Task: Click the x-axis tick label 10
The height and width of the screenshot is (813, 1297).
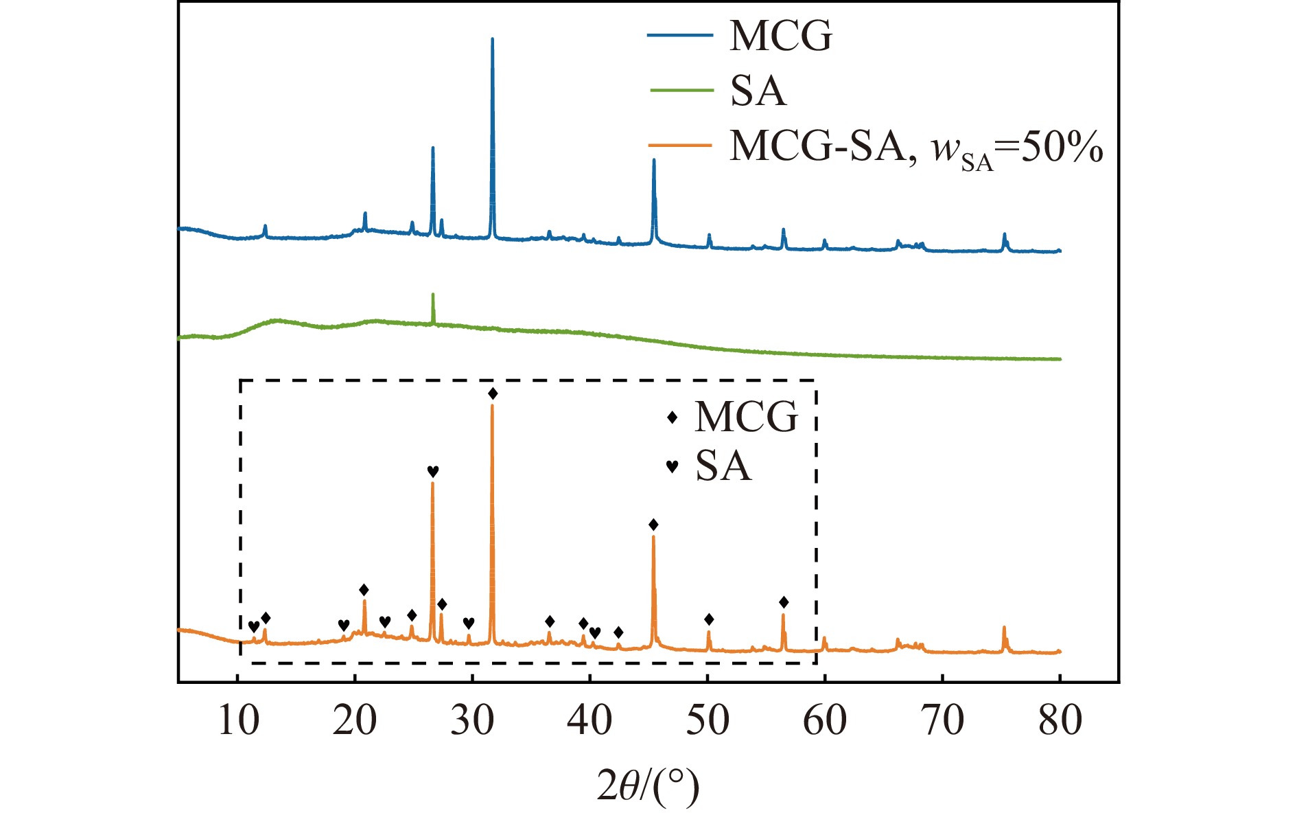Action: [x=238, y=721]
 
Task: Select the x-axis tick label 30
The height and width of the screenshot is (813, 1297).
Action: [x=473, y=721]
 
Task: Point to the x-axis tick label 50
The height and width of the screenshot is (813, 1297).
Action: [x=708, y=721]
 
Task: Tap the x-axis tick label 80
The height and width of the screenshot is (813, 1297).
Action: [x=1060, y=721]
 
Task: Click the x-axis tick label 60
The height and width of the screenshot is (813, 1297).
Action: [x=825, y=721]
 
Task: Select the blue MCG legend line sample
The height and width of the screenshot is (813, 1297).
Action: [x=680, y=34]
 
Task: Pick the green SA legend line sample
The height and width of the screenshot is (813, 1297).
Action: [x=680, y=90]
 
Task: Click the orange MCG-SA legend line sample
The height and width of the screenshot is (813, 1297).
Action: [x=680, y=146]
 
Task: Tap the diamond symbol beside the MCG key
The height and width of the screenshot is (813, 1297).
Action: [x=673, y=417]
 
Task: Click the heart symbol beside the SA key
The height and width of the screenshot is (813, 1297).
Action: [x=673, y=466]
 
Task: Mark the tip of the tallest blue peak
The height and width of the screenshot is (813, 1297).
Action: [x=493, y=39]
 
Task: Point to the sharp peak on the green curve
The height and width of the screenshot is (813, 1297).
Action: [x=432, y=295]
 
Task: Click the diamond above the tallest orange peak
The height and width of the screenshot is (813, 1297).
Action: [x=493, y=393]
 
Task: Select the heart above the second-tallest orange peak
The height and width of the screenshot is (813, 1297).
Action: [x=432, y=471]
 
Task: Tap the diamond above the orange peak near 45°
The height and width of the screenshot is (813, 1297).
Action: [x=653, y=525]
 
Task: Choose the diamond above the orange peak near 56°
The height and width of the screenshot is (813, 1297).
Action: [x=784, y=603]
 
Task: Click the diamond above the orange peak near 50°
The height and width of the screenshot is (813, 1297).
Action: [x=709, y=619]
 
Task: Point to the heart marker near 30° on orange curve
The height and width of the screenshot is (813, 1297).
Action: [x=469, y=623]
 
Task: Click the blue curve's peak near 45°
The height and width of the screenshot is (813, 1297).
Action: [x=654, y=161]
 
